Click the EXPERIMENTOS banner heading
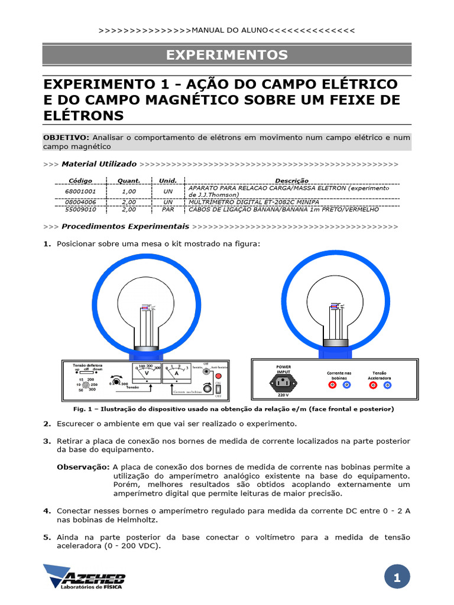(x=226, y=55)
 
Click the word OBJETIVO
(x=66, y=137)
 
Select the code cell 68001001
(x=80, y=191)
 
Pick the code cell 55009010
(x=80, y=209)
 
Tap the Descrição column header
(x=291, y=181)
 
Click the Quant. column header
(x=129, y=181)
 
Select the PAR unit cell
(x=168, y=209)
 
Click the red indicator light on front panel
(x=218, y=376)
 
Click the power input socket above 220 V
(x=283, y=383)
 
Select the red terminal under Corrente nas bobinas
(x=332, y=385)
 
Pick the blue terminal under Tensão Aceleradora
(x=387, y=385)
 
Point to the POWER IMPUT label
(x=283, y=369)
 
